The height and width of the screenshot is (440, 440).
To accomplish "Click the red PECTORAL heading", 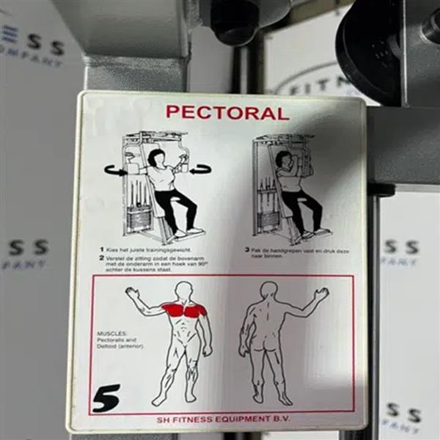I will [227, 112].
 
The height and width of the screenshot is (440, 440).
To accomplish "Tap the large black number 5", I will [106, 398].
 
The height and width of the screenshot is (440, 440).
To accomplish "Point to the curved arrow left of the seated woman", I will [114, 171].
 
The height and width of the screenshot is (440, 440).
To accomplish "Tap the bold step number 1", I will [101, 249].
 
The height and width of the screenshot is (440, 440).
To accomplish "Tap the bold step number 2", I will [101, 258].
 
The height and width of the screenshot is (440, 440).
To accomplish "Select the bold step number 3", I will [247, 249].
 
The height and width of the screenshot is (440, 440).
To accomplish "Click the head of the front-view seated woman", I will [155, 157].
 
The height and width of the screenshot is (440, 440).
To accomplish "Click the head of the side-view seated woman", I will [282, 160].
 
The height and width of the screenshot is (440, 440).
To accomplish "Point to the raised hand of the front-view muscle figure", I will [132, 293].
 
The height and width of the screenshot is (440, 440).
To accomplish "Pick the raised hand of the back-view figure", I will [320, 294].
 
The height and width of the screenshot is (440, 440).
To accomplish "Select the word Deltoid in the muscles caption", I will [108, 345].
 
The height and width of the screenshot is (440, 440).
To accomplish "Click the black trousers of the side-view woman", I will [301, 209].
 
